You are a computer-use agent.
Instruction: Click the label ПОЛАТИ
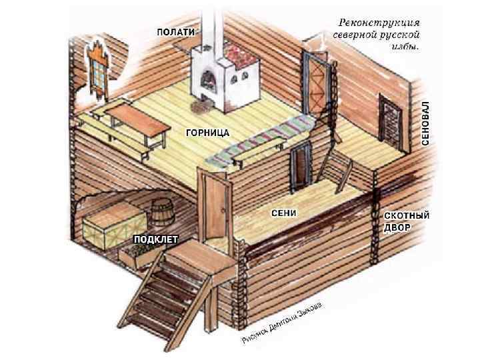click(176, 32)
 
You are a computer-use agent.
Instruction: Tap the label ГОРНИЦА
click(207, 133)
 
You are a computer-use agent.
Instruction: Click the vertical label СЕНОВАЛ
click(425, 123)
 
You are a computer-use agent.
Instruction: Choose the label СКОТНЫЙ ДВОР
click(407, 221)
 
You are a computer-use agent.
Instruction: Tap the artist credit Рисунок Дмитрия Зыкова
click(283, 321)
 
